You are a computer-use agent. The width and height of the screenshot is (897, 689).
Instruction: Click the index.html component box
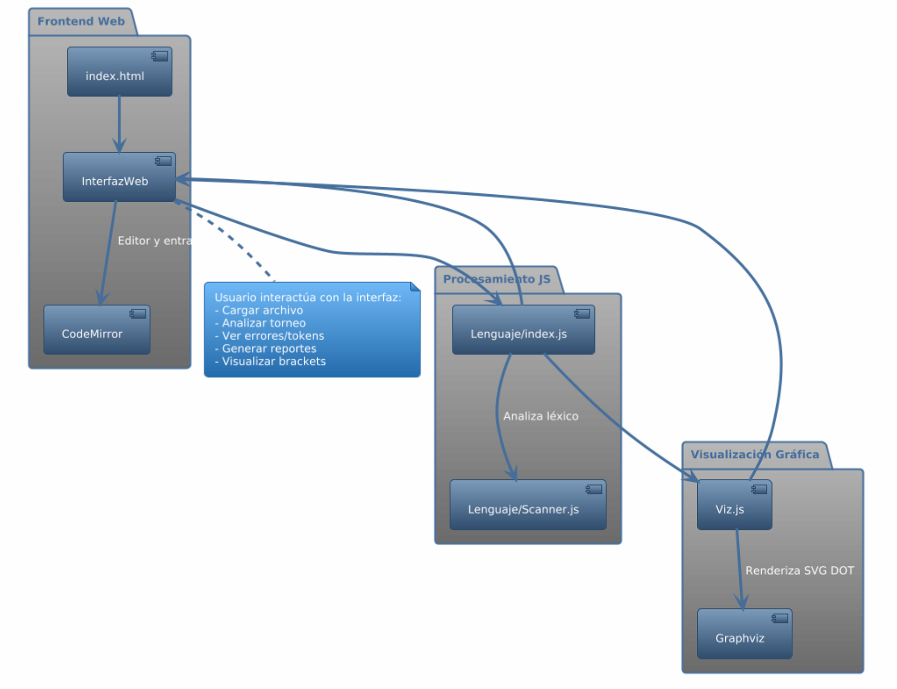pyautogui.click(x=119, y=72)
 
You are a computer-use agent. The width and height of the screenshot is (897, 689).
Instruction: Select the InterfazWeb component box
pyautogui.click(x=119, y=177)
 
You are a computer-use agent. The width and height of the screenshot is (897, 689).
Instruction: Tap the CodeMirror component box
pyautogui.click(x=96, y=330)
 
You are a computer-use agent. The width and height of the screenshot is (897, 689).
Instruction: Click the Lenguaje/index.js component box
pyautogui.click(x=523, y=330)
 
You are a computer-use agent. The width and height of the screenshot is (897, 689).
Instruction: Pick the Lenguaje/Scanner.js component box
pyautogui.click(x=527, y=505)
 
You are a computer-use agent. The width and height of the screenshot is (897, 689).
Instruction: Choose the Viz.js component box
pyautogui.click(x=734, y=505)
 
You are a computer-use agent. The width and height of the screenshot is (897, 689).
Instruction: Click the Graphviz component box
pyautogui.click(x=744, y=634)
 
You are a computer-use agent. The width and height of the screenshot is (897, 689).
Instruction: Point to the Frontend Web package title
pyautogui.click(x=81, y=22)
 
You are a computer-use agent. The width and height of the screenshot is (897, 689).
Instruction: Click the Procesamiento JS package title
pyautogui.click(x=496, y=279)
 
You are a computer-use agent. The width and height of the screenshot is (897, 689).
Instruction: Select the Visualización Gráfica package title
pyautogui.click(x=754, y=455)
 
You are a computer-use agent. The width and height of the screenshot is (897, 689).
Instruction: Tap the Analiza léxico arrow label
pyautogui.click(x=540, y=416)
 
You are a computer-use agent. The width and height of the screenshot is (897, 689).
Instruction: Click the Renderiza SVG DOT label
pyautogui.click(x=799, y=571)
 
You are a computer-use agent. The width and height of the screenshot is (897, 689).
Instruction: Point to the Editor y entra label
pyautogui.click(x=154, y=241)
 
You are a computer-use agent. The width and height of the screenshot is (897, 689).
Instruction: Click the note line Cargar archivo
pyautogui.click(x=262, y=310)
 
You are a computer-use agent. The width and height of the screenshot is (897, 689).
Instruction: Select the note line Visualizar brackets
pyautogui.click(x=273, y=361)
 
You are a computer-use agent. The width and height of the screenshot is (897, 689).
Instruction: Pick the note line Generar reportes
pyautogui.click(x=269, y=349)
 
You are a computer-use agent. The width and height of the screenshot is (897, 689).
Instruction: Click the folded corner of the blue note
pyautogui.click(x=416, y=286)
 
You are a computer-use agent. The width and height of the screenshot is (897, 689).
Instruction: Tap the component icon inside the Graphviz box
pyautogui.click(x=780, y=618)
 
